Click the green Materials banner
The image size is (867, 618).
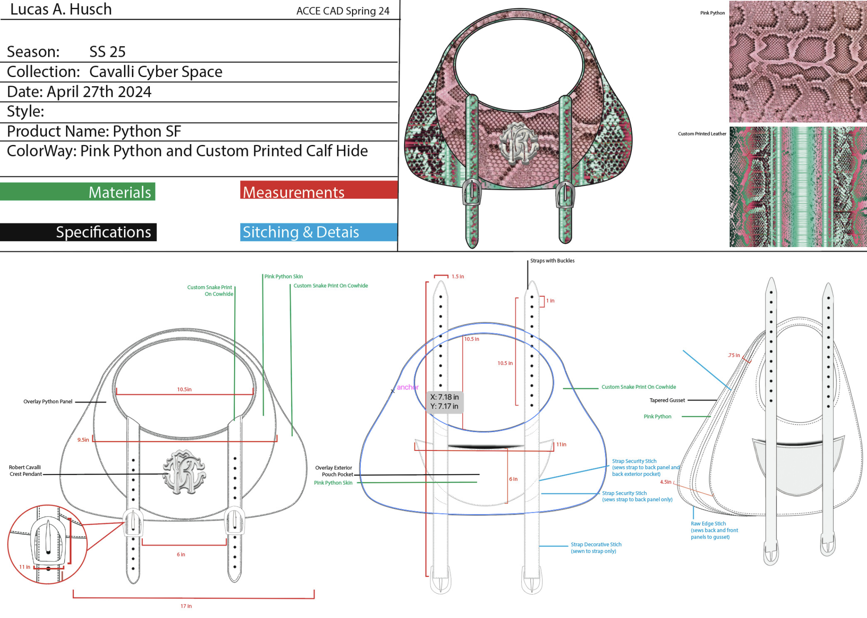click(77, 192)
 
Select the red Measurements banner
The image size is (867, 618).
click(319, 191)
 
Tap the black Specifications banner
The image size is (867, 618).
click(78, 232)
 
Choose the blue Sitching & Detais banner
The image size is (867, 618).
click(318, 232)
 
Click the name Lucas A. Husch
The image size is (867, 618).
click(61, 9)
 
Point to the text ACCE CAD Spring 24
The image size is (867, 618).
click(343, 11)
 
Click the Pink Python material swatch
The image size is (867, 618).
click(797, 62)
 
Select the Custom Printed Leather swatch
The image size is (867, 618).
click(797, 187)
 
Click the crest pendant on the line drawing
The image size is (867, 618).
click(184, 472)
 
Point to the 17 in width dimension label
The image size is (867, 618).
click(186, 606)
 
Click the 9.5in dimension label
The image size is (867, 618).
click(83, 440)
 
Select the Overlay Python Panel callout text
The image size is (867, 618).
click(48, 402)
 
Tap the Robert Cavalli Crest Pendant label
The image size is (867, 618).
click(25, 471)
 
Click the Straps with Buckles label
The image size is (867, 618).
click(552, 261)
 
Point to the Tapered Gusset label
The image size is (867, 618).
click(667, 400)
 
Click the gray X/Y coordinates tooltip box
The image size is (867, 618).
click(444, 402)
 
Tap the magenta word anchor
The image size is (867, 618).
click(408, 387)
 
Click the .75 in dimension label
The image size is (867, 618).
click(733, 355)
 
